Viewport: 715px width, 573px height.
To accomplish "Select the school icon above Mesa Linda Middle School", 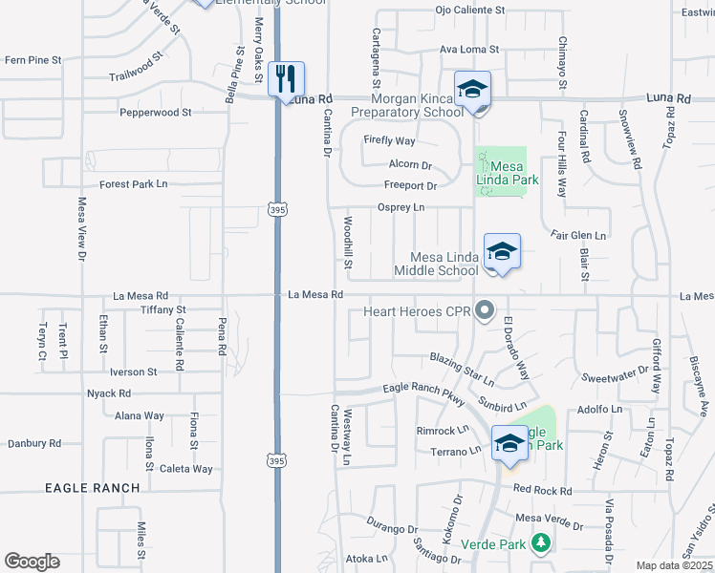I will tap(502, 251).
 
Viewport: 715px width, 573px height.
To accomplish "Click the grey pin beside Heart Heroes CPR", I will tap(485, 310).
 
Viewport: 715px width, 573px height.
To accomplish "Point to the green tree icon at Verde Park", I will tap(541, 543).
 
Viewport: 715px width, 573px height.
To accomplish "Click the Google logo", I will tap(32, 562).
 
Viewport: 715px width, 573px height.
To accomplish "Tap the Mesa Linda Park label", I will tap(509, 173).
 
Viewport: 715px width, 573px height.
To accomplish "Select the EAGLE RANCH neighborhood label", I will tap(93, 488).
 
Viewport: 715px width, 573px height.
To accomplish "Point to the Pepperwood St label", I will tap(155, 113).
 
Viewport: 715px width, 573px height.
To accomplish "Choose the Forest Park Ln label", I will tap(133, 184).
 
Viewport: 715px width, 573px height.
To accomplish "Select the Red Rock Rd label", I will tap(542, 490).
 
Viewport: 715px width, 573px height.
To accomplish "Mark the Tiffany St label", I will tap(162, 309).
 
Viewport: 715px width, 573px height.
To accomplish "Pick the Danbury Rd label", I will tap(34, 443).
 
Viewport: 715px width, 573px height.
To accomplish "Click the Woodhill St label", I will tap(348, 244).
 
